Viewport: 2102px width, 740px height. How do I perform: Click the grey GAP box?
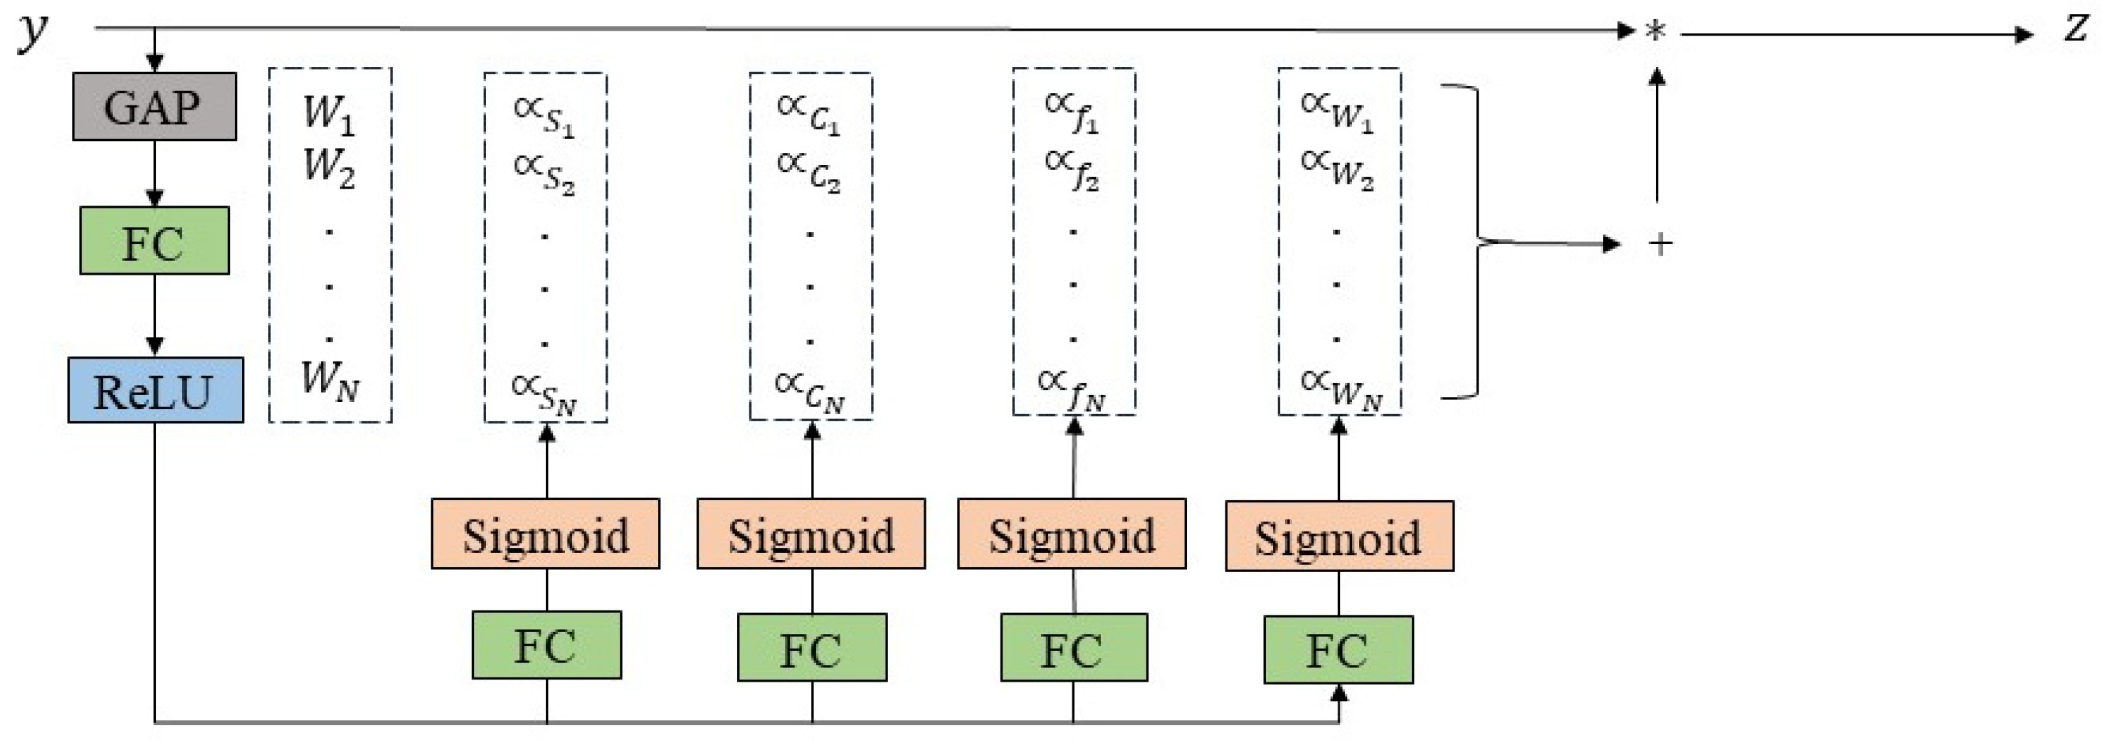154,106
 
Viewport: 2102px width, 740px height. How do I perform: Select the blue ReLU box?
155,391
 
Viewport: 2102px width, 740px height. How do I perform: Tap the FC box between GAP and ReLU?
154,240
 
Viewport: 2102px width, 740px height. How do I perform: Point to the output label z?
2076,29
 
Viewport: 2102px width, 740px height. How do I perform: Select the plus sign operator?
1659,243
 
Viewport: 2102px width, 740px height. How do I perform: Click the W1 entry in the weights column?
329,112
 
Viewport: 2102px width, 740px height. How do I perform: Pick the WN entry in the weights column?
329,379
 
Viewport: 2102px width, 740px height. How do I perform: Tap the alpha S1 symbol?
544,116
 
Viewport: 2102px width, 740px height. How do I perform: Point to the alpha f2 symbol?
1072,168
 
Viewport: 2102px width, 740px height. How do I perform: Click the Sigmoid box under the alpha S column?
545,534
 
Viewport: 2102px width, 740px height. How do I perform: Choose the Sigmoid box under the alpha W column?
1339,536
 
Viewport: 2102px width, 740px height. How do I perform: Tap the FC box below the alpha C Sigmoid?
812,647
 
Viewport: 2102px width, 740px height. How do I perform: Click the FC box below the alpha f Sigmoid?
1074,647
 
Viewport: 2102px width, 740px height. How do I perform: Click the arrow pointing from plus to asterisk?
1657,134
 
